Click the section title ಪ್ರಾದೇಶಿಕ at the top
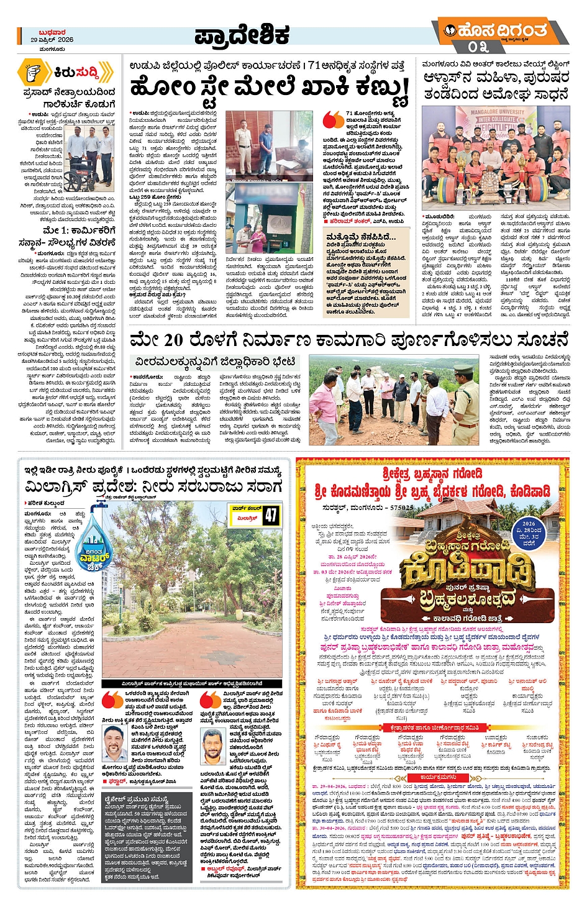click(242, 36)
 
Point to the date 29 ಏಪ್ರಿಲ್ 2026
click(52, 40)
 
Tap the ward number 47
click(271, 515)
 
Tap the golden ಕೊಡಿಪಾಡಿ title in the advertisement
click(467, 572)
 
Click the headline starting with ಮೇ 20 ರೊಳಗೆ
click(349, 341)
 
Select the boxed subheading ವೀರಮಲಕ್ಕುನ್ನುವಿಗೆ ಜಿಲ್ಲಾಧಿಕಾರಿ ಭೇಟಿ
click(215, 362)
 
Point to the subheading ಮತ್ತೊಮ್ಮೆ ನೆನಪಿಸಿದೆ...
click(361, 237)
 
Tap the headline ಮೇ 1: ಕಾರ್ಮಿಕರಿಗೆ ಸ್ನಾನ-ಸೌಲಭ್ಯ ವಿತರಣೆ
click(70, 235)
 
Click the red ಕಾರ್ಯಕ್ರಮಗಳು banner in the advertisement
click(439, 777)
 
